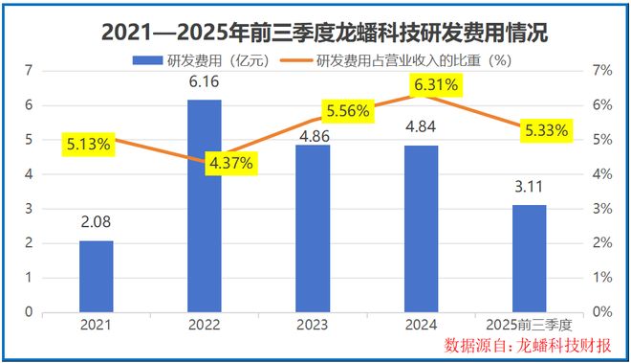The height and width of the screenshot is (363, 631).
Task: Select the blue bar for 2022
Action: click(204, 206)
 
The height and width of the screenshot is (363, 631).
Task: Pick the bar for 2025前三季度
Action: click(529, 258)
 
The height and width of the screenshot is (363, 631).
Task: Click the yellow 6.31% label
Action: click(436, 86)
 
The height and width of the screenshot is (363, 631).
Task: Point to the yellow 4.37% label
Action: click(230, 162)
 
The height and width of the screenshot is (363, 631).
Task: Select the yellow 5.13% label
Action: click(89, 145)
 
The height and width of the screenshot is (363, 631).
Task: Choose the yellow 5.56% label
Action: click(347, 110)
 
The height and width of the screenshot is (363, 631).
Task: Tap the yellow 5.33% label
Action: click(546, 129)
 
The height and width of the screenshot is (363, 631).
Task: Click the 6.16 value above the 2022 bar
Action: click(204, 83)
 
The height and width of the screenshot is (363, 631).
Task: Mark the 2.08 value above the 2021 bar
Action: click(96, 223)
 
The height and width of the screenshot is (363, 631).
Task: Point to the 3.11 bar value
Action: click(529, 188)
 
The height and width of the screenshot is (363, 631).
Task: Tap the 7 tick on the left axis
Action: click(29, 71)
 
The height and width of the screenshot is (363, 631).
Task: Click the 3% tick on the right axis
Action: click(602, 209)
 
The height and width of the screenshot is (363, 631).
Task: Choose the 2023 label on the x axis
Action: click(313, 326)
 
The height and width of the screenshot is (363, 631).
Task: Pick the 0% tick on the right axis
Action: click(602, 312)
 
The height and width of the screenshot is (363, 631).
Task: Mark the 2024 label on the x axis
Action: click(421, 326)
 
